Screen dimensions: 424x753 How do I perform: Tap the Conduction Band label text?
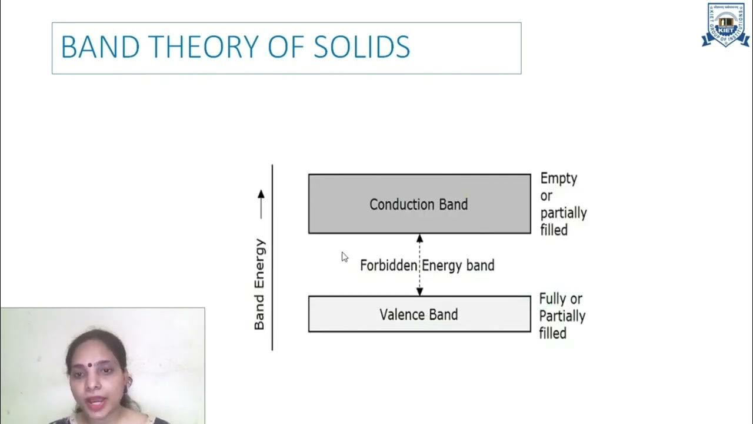pyautogui.click(x=418, y=204)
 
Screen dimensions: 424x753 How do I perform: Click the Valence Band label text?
pyautogui.click(x=418, y=314)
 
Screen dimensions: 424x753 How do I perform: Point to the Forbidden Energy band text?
pyautogui.click(x=427, y=266)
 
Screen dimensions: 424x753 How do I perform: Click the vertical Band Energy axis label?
pyautogui.click(x=259, y=284)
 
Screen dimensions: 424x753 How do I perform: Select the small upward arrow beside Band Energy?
pyautogui.click(x=261, y=204)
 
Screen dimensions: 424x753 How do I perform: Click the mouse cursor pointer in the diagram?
pyautogui.click(x=344, y=257)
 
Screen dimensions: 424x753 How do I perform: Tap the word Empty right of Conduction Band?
pyautogui.click(x=558, y=178)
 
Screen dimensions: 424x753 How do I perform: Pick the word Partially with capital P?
pyautogui.click(x=562, y=316)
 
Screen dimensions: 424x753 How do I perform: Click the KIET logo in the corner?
pyautogui.click(x=725, y=25)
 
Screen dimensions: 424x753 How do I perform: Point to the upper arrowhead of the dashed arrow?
pyautogui.click(x=419, y=238)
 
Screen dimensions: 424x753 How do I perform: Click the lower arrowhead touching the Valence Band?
pyautogui.click(x=419, y=291)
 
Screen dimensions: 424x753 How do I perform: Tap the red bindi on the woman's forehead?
pyautogui.click(x=89, y=365)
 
